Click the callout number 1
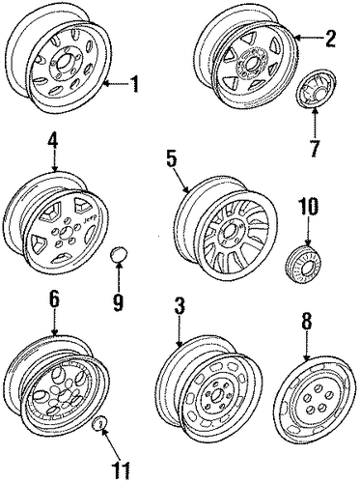pos(135,84)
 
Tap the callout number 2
pos(330,39)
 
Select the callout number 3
pos(180,306)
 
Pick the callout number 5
pos(172,158)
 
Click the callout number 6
pos(54,300)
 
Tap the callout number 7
pos(315,148)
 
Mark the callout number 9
pos(118,302)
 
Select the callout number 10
pos(309,207)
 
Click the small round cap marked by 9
pos(119,255)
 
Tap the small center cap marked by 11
pos(99,424)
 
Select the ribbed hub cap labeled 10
pos(303,263)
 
